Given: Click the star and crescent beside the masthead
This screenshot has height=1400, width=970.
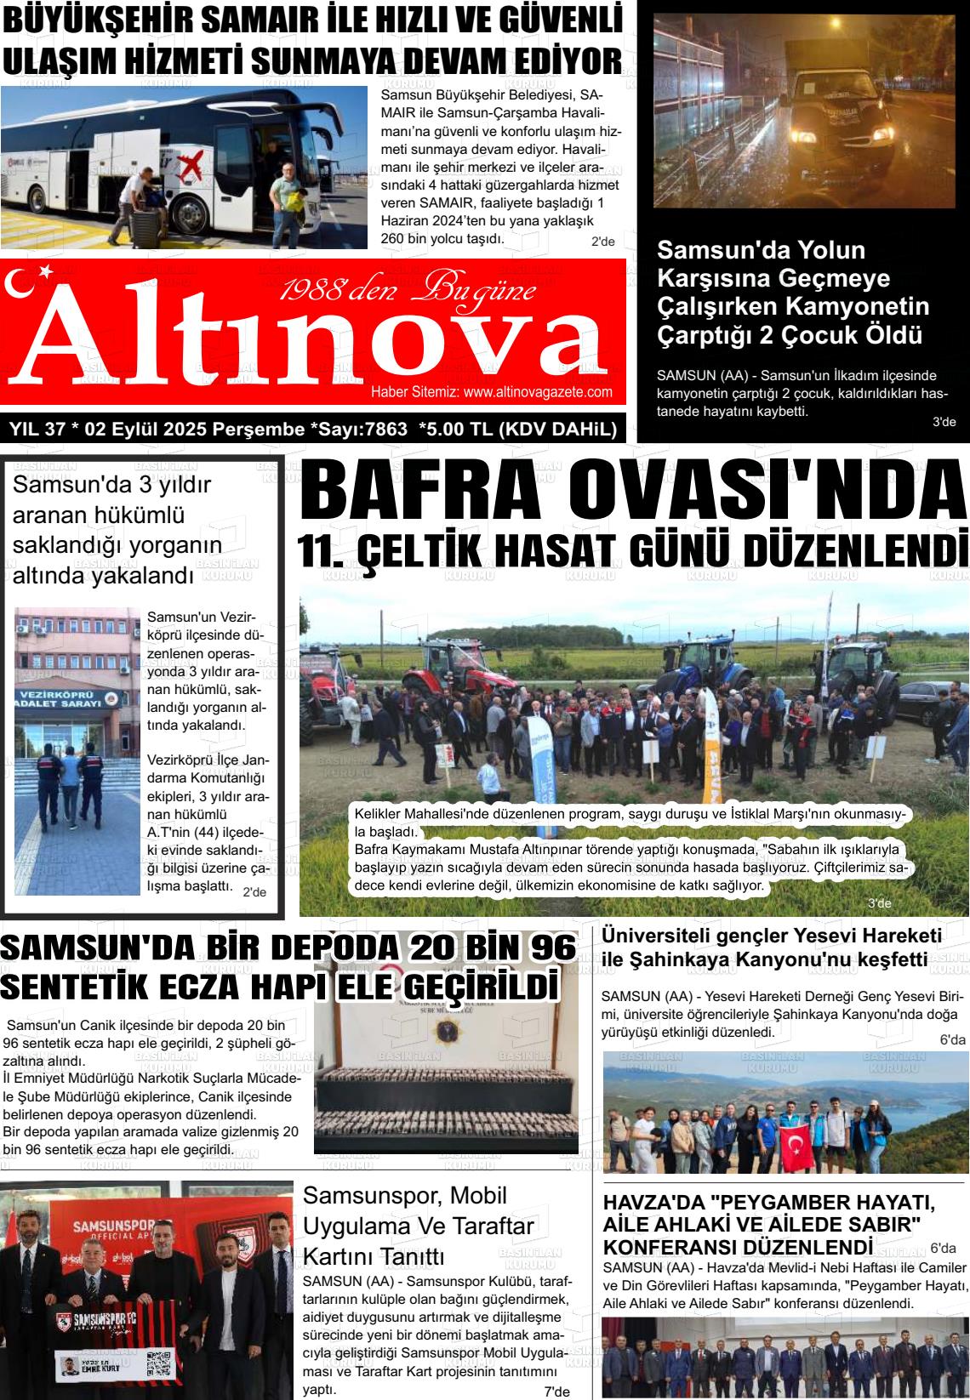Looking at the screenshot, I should pyautogui.click(x=34, y=280).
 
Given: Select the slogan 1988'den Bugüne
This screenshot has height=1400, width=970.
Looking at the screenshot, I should pyautogui.click(x=408, y=291).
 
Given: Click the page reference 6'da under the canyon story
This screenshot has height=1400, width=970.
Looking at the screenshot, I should pyautogui.click(x=952, y=1039).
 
